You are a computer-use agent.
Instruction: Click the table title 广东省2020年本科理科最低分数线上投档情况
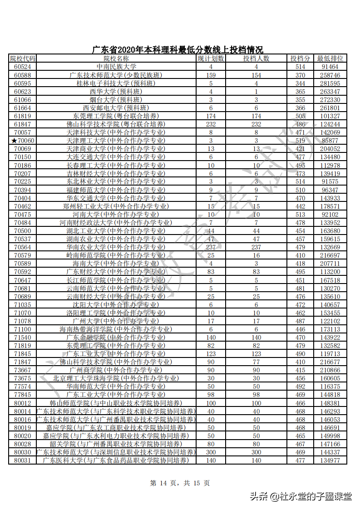178,50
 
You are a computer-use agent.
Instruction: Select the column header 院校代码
22,59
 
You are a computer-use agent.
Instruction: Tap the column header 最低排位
330,59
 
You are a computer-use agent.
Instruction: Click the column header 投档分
300,59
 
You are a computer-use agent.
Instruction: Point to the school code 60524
22,67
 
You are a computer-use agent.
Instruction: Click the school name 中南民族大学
116,67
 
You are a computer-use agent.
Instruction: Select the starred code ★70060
22,141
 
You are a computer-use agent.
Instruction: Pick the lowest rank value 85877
330,141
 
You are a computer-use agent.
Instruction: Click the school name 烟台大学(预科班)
116,100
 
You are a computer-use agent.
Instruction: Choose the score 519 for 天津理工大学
300,141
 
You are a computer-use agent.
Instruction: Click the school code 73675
22,378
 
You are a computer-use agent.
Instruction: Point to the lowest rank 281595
330,83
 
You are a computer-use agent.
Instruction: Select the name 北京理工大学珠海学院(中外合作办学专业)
116,378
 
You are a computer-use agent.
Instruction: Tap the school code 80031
22,460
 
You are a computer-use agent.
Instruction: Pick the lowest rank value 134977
330,460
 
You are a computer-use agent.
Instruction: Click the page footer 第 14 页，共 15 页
180,483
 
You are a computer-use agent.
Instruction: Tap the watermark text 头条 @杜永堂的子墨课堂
300,496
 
